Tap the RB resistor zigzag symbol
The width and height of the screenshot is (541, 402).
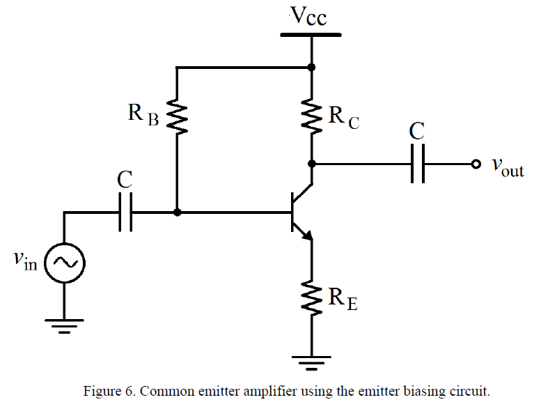pyautogui.click(x=178, y=118)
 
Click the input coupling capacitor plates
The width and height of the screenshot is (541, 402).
pyautogui.click(x=125, y=212)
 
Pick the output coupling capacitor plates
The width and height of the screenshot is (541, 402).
pyautogui.click(x=418, y=164)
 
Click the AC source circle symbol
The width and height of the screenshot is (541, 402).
pyautogui.click(x=64, y=263)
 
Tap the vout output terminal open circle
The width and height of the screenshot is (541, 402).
pyautogui.click(x=475, y=164)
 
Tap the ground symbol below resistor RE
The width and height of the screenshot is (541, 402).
pyautogui.click(x=311, y=363)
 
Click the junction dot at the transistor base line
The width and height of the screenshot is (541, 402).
pyautogui.click(x=178, y=212)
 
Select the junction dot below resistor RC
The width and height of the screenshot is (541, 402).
pyautogui.click(x=311, y=164)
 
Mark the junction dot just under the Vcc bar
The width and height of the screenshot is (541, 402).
pyautogui.click(x=311, y=68)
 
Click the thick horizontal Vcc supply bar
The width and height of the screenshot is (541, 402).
pyautogui.click(x=311, y=33)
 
